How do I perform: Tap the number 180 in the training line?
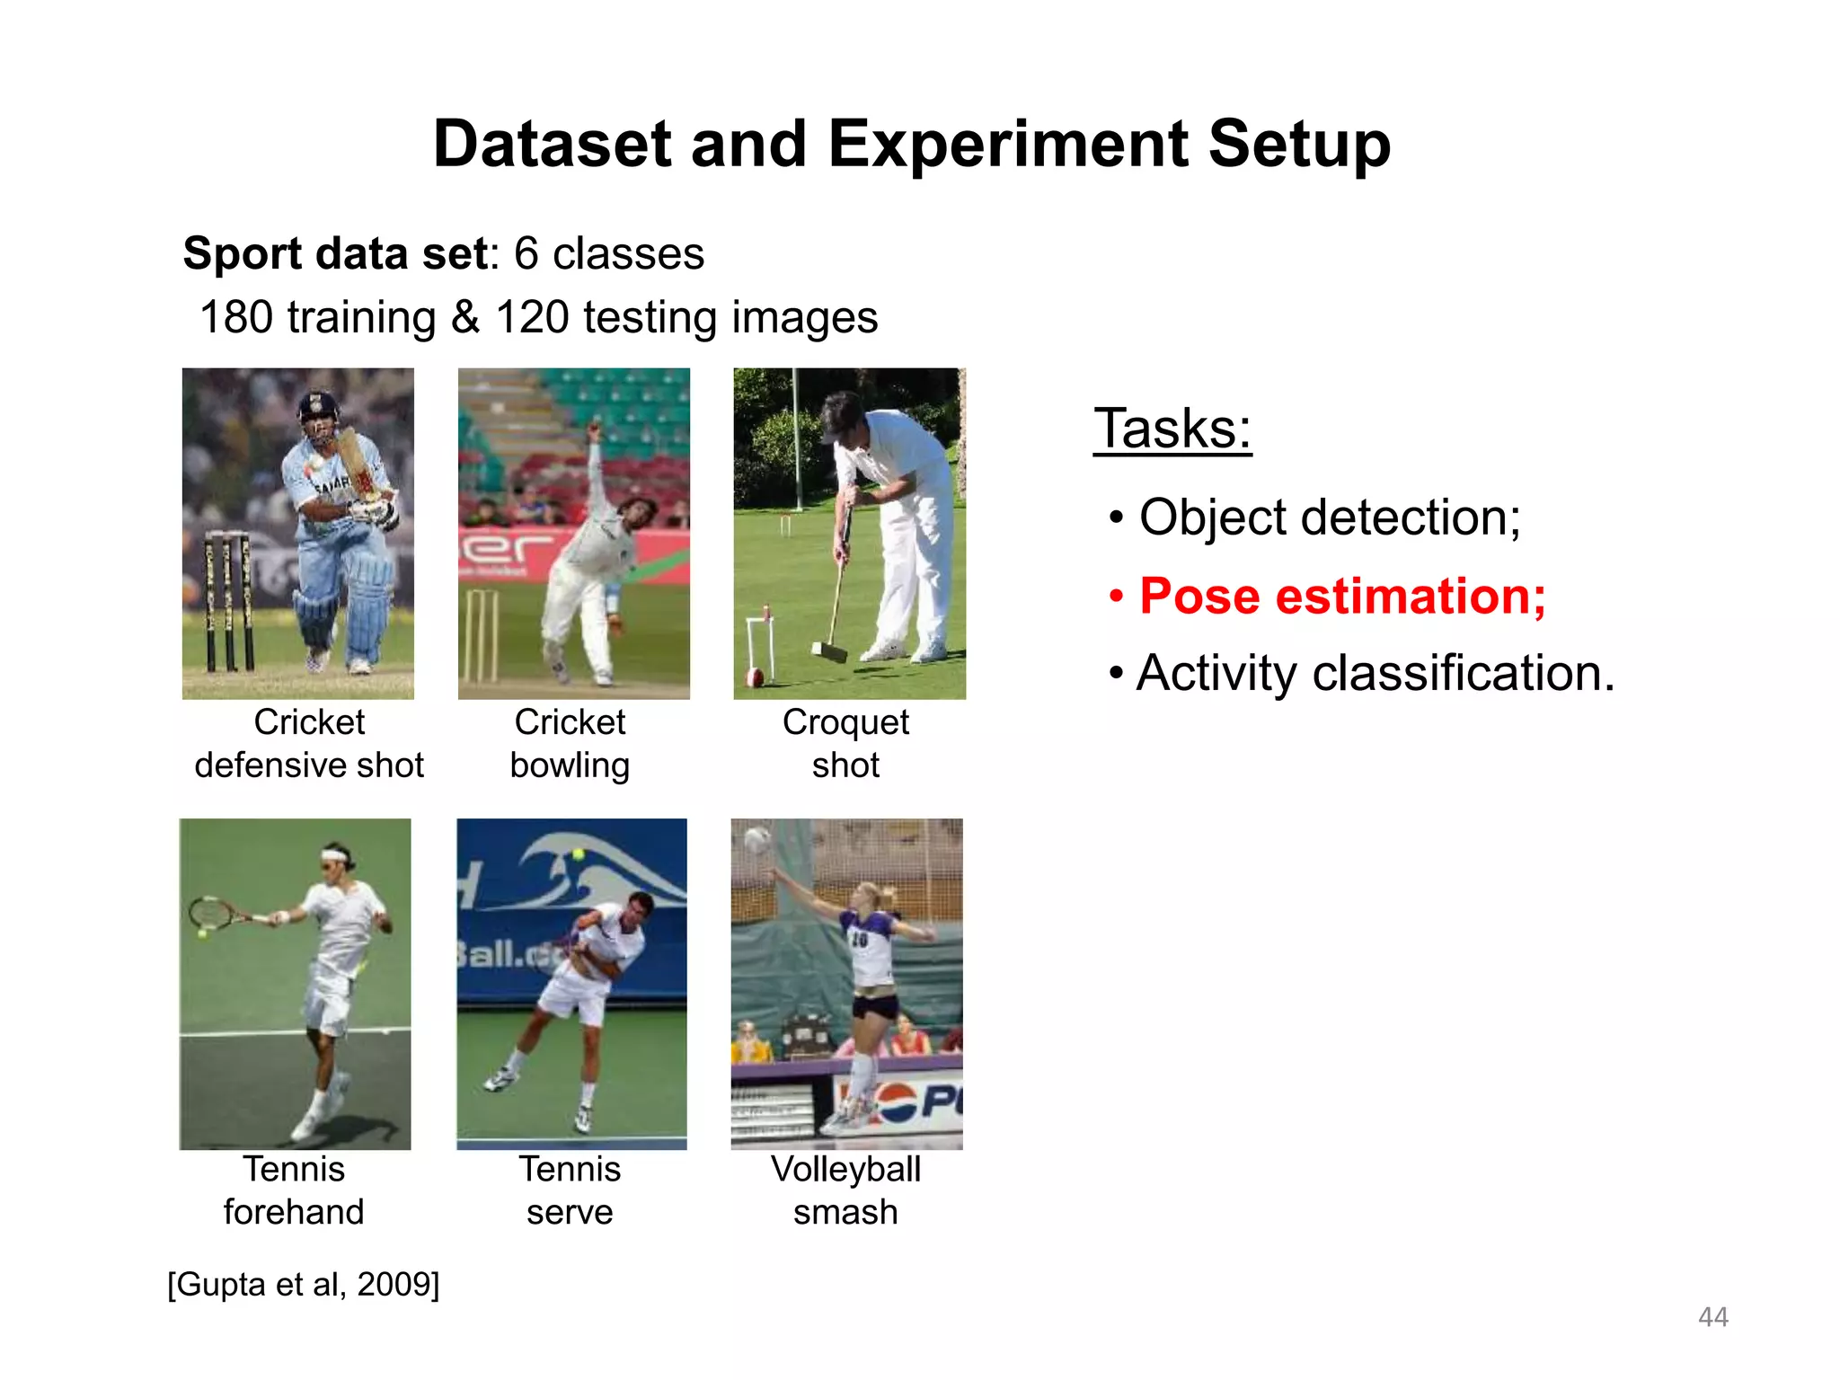click(x=235, y=317)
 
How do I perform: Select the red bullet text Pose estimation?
click(x=1342, y=596)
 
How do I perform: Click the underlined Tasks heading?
click(x=1172, y=429)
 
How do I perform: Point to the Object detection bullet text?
click(x=1330, y=517)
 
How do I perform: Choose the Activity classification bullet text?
click(x=1375, y=673)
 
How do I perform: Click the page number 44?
click(x=1712, y=1317)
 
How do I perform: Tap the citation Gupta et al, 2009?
click(x=304, y=1284)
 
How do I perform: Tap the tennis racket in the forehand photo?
click(x=211, y=914)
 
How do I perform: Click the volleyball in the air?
click(x=757, y=841)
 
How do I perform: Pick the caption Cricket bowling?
click(x=570, y=744)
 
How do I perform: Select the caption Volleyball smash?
click(x=845, y=1190)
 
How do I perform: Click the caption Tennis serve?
click(x=570, y=1190)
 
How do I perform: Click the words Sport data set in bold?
click(x=335, y=253)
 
